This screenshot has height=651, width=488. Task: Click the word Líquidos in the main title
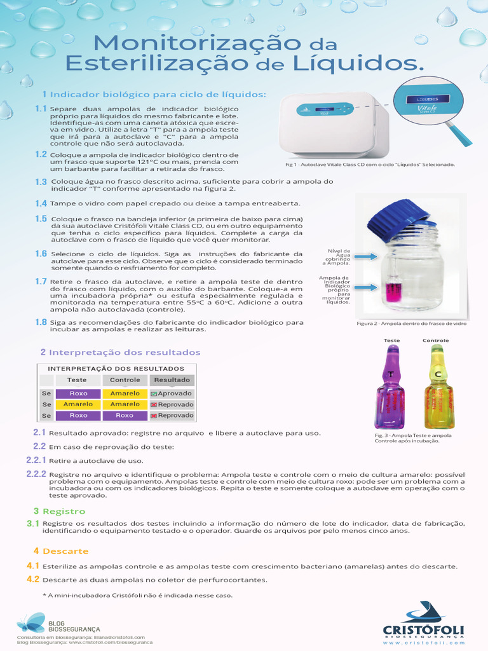coord(358,63)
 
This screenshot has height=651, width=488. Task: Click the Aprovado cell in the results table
coord(172,393)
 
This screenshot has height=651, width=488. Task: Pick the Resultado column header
coord(172,380)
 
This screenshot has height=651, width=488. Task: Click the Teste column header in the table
coord(77,380)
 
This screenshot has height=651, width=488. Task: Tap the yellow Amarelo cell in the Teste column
coord(78,404)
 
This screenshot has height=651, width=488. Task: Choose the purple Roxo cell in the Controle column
coord(125,415)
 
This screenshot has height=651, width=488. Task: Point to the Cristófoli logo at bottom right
coord(423,623)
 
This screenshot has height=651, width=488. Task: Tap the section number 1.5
coord(41,219)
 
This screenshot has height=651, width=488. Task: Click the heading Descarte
coord(65,551)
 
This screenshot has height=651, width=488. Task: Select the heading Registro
coord(64,511)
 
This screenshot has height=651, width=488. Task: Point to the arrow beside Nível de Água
coord(365,257)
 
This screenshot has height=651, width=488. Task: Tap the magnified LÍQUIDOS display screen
coord(428,99)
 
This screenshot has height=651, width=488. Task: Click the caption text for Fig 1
coord(370,165)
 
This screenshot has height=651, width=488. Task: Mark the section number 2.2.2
coord(36,474)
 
